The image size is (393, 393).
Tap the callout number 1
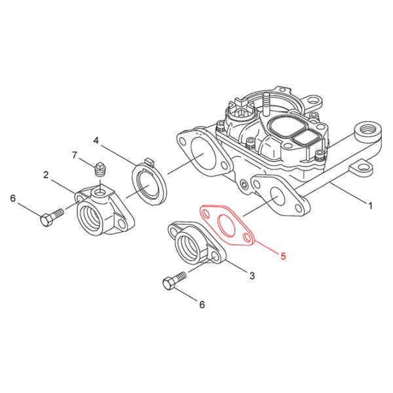[370, 205]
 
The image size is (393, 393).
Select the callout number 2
[46, 174]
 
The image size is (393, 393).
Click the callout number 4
[96, 140]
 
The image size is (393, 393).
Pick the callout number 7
[75, 155]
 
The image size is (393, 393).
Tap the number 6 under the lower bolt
[202, 304]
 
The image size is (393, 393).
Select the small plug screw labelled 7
[100, 169]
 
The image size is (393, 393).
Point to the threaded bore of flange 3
[189, 248]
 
